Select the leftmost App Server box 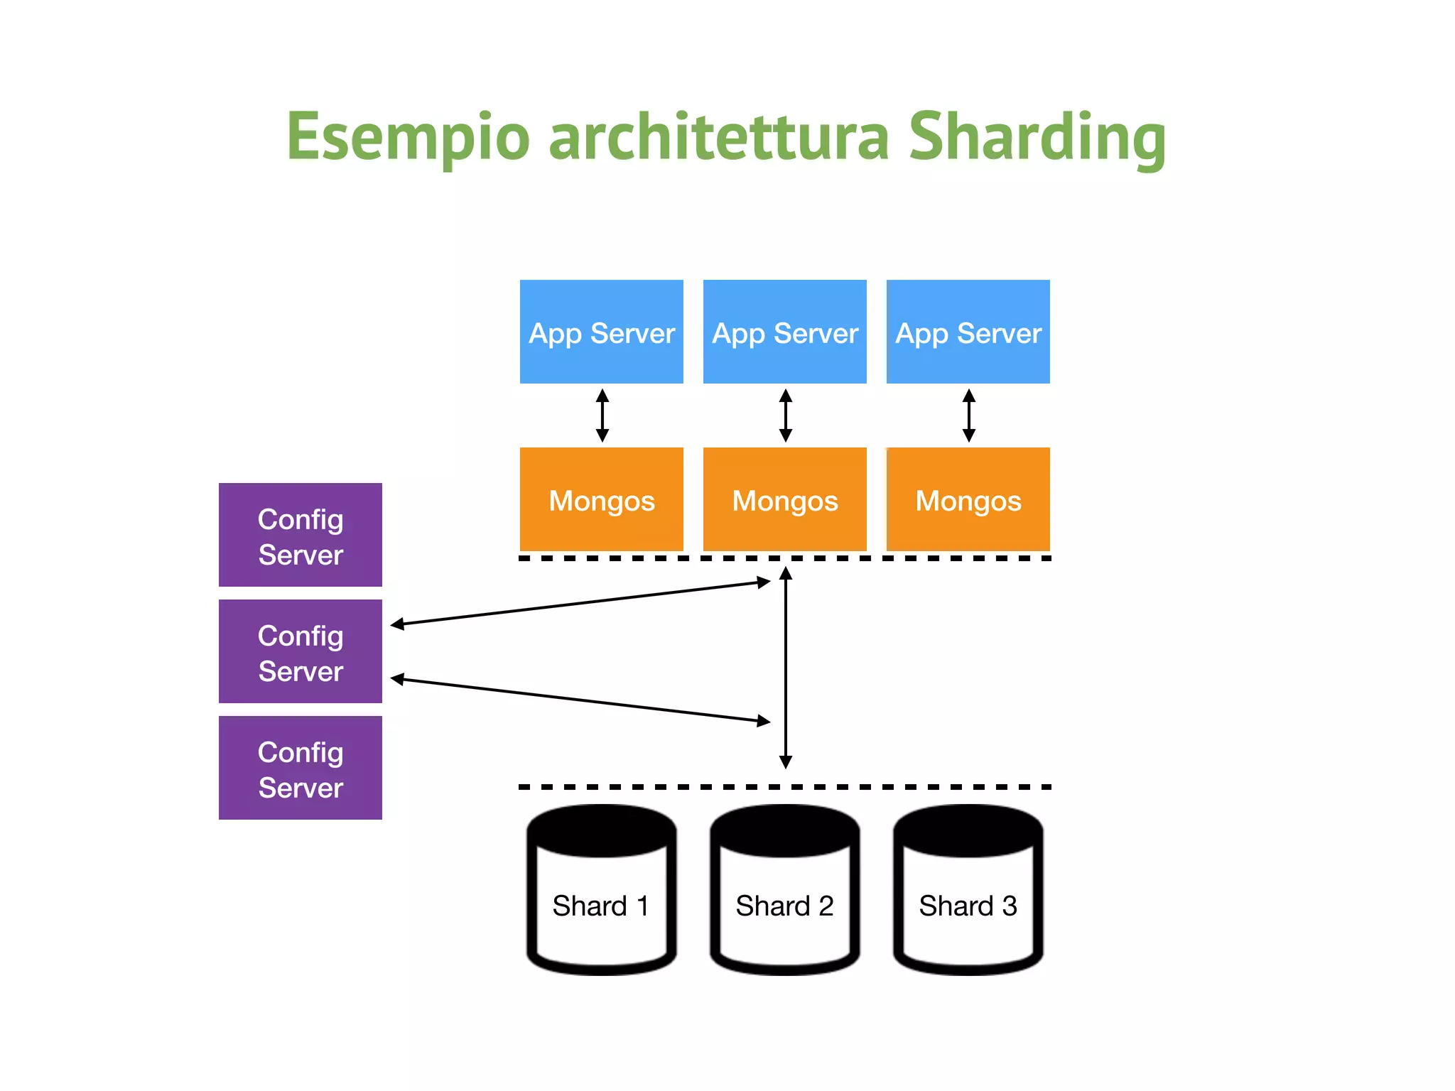point(601,332)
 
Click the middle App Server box point(784,332)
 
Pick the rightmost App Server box point(968,332)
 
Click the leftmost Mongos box point(601,499)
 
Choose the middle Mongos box point(784,499)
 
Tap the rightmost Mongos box point(968,499)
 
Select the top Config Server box point(300,535)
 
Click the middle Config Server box point(300,651)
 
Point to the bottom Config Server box point(300,768)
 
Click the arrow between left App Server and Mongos point(602,416)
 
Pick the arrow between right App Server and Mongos point(968,416)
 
